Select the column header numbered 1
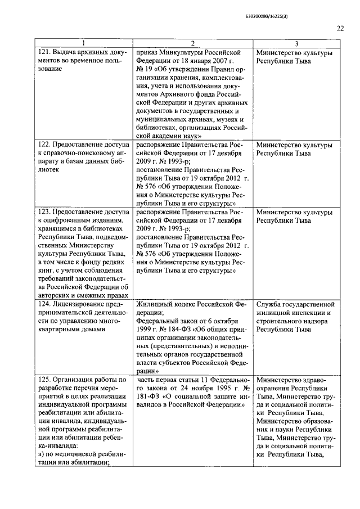(84, 44)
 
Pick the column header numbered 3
(296, 44)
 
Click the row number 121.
(44, 53)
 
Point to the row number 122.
(44, 145)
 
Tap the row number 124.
(44, 304)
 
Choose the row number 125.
(44, 380)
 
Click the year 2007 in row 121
(213, 61)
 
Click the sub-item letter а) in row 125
(41, 454)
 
